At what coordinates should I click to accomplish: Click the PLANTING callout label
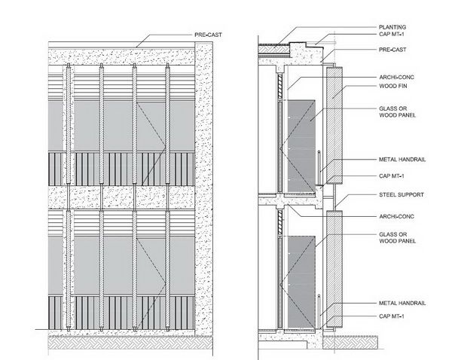[392, 27]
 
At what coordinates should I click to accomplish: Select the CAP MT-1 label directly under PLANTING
[392, 35]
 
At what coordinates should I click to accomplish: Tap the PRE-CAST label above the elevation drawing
[208, 35]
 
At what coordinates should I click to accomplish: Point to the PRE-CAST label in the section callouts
[392, 50]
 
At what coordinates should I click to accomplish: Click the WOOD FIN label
[393, 86]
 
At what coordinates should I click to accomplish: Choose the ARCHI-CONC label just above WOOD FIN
[396, 78]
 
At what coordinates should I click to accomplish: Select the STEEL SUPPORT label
[402, 195]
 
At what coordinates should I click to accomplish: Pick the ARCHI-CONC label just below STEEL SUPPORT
[396, 216]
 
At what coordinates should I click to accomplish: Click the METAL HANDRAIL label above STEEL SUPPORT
[402, 160]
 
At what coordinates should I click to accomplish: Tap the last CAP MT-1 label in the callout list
[392, 316]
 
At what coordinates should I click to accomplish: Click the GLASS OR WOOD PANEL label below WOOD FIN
[397, 111]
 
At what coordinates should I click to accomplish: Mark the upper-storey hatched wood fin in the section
[334, 125]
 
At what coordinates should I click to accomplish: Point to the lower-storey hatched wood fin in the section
[334, 269]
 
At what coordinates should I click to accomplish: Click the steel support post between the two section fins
[334, 197]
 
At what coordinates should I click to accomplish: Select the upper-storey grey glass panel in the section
[301, 146]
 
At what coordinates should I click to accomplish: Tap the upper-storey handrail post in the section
[319, 168]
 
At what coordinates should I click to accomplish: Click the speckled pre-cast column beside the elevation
[204, 189]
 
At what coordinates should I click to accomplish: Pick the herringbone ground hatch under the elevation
[130, 343]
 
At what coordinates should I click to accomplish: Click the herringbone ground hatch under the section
[350, 342]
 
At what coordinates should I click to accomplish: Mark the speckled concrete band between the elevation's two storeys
[121, 197]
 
